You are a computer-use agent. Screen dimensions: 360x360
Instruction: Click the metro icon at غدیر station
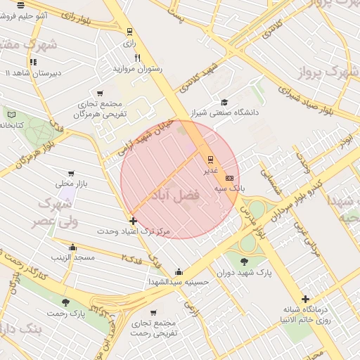210,159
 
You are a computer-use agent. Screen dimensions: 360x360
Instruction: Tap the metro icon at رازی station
129,32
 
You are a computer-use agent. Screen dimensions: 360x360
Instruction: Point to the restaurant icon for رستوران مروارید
138,58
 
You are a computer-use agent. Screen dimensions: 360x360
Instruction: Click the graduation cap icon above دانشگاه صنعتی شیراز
224,101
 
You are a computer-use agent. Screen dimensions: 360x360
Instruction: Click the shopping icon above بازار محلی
71,173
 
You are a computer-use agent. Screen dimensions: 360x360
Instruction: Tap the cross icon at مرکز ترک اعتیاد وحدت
133,221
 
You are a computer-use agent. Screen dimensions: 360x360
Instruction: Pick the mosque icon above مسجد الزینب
72,247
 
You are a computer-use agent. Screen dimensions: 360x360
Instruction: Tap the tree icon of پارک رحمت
65,302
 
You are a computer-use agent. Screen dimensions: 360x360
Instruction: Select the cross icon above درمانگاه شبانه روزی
305,299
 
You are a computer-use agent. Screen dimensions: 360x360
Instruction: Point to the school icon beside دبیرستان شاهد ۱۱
32,62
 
